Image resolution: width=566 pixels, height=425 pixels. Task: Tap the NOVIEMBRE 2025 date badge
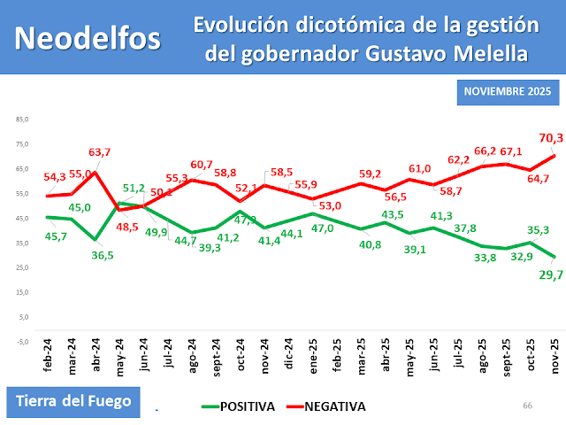[x=508, y=92]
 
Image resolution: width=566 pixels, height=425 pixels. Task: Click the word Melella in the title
[x=491, y=54]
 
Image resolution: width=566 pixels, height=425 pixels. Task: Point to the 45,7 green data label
[x=57, y=237]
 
